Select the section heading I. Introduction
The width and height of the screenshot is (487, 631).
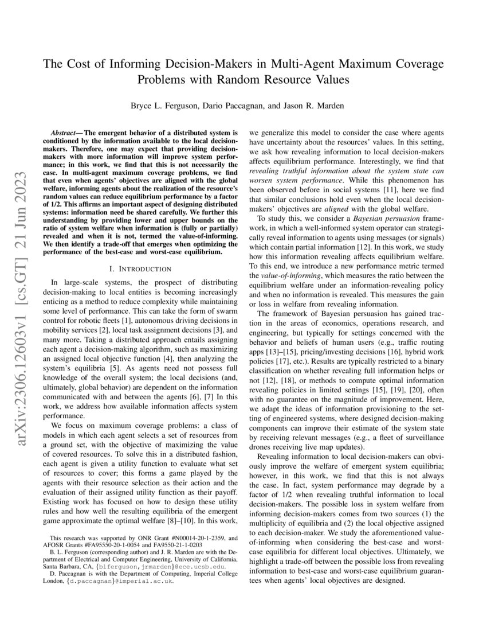point(142,268)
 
